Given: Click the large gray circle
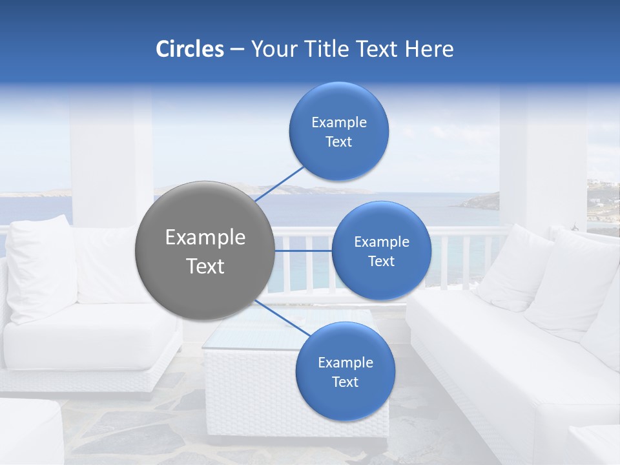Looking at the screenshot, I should [205, 251].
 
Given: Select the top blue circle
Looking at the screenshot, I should [338, 131].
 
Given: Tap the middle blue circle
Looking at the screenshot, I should [381, 251].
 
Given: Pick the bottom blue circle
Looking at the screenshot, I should [345, 371].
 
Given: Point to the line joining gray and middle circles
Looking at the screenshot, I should [303, 251].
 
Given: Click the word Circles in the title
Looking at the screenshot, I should [190, 49].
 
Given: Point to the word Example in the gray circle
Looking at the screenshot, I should [205, 237].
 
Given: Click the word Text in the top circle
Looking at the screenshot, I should [338, 141].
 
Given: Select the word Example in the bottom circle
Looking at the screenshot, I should [345, 362].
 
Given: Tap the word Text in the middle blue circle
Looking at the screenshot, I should [381, 261].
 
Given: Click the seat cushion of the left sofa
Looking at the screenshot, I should [90, 336].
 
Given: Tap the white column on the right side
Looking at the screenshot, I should [542, 155].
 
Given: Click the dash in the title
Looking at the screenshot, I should [237, 50].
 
